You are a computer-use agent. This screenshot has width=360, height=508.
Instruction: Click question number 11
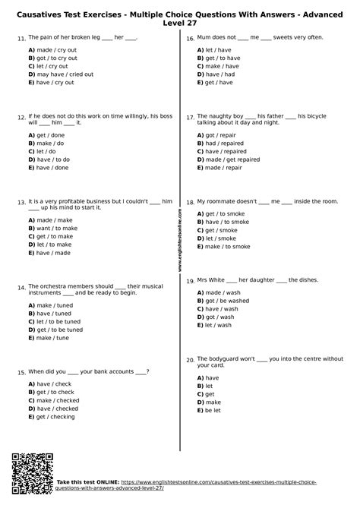21,38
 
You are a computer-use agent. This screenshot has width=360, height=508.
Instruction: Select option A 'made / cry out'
54,49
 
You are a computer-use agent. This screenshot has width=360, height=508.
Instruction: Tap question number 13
21,203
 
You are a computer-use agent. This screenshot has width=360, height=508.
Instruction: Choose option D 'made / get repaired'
232,159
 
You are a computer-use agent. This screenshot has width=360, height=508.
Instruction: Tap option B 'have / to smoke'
226,221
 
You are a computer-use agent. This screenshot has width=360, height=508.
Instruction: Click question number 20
190,360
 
